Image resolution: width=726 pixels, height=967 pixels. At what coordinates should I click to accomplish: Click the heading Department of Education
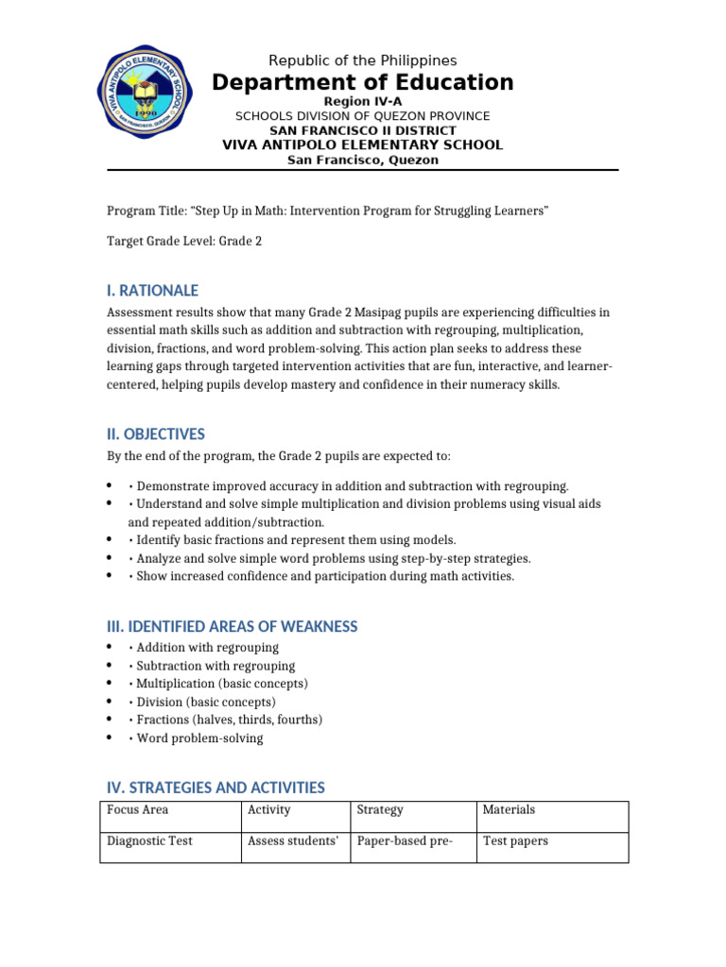[362, 83]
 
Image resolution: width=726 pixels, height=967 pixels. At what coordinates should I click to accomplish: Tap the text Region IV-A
[362, 101]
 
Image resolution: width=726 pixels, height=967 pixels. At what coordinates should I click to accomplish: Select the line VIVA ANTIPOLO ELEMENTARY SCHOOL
[362, 144]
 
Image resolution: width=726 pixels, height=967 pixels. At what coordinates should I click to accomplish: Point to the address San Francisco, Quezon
[362, 160]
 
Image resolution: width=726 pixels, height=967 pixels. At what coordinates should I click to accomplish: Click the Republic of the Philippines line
[362, 60]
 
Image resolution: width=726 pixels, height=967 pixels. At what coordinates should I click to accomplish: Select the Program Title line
[327, 211]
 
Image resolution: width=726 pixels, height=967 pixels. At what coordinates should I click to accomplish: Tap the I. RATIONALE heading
[151, 290]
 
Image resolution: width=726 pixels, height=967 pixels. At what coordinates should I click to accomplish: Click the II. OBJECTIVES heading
[155, 434]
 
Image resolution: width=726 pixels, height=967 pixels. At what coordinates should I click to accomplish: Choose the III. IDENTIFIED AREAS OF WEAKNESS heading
[232, 627]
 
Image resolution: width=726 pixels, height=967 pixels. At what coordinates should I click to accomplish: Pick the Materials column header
[509, 809]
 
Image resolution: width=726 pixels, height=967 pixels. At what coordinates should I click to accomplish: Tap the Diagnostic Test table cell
[149, 840]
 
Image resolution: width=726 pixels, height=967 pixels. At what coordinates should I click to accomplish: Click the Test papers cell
[515, 840]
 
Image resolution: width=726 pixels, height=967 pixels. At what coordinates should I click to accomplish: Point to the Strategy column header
[380, 809]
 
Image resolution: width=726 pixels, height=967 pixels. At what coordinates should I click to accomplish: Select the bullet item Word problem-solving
[199, 738]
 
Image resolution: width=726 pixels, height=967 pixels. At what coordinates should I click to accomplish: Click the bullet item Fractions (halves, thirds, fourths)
[229, 720]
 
